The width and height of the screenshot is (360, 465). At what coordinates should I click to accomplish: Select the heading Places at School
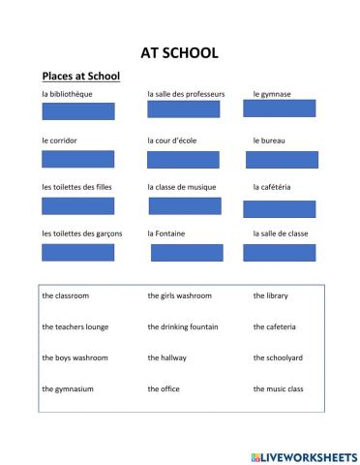point(79,76)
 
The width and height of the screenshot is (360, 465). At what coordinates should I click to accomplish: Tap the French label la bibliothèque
point(72,94)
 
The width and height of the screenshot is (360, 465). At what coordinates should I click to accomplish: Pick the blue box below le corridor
point(78,159)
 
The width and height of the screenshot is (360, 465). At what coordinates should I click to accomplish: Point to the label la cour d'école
point(172,140)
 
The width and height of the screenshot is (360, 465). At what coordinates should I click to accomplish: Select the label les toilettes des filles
point(77,187)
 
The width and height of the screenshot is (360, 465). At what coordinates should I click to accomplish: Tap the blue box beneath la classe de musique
point(185,205)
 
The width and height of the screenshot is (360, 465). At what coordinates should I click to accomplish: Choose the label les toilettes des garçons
point(82,233)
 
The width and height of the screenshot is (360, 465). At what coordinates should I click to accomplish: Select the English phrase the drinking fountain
point(181,326)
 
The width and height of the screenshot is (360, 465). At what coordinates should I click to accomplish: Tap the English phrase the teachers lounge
point(75,326)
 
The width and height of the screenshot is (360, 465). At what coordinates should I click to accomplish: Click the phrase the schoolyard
point(278,357)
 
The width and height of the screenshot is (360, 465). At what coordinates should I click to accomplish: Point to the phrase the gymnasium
point(68,388)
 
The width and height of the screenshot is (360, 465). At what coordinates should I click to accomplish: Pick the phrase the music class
point(279,388)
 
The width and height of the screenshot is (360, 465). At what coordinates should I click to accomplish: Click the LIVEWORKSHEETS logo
point(304,454)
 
